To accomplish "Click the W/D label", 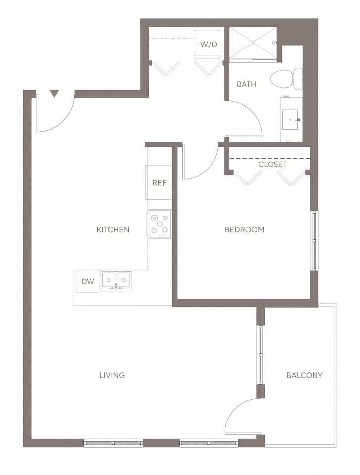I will (x=208, y=44).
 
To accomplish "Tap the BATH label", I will (x=246, y=84).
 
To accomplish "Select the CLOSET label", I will (x=272, y=164).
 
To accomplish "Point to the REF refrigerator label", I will (x=159, y=183).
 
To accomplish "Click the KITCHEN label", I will (x=113, y=229).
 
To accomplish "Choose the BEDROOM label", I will (x=244, y=229).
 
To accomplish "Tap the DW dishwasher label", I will (x=88, y=281).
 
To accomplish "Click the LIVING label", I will (x=112, y=375).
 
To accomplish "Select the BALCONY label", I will (x=304, y=375).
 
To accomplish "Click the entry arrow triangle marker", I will (x=54, y=93).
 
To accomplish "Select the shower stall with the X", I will (x=253, y=43).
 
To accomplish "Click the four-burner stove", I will (x=160, y=224).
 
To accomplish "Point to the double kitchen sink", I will (x=116, y=281).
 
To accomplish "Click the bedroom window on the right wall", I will (x=314, y=241).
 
